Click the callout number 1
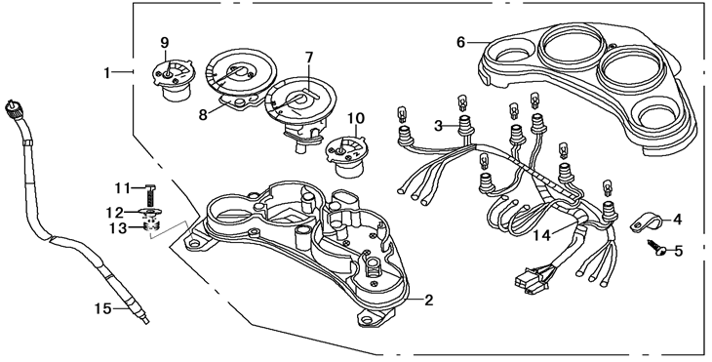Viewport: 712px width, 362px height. coord(106,72)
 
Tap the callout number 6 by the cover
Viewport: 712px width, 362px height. coord(461,43)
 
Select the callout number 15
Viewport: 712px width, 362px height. coord(102,309)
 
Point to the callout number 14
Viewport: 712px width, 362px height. coord(541,235)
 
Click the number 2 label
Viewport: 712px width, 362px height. coord(428,301)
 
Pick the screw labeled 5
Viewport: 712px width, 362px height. coord(656,247)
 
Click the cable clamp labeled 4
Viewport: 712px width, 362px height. coord(646,222)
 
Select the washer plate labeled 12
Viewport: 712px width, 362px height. coord(149,213)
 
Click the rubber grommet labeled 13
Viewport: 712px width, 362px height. coord(151,225)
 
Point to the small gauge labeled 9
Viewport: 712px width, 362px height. coord(173,81)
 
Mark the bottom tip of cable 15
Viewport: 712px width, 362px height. coord(146,322)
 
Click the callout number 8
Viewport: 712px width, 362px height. coord(203,114)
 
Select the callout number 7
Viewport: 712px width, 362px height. coord(309,58)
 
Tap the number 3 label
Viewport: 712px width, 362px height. coord(438,126)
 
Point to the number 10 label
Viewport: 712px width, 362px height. coord(356,118)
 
